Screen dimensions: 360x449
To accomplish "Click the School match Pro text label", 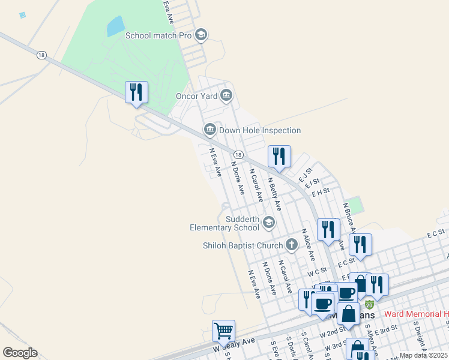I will tap(158, 35).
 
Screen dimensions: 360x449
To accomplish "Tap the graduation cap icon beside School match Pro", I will tap(201, 35).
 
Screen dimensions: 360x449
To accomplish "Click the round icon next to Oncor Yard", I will tap(226, 95).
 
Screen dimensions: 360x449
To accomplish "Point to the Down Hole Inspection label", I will tap(259, 130).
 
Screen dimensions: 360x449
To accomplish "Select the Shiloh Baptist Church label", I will tap(243, 245).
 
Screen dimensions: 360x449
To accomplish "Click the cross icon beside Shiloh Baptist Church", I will tap(292, 244).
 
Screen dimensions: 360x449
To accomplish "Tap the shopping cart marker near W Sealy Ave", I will tap(223, 330).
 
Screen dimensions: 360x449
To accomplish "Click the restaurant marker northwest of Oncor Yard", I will tap(136, 92).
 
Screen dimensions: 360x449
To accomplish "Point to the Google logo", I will tap(20, 353).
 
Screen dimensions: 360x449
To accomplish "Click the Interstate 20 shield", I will tap(369, 305).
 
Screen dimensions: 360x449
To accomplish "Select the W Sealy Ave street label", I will tap(234, 344).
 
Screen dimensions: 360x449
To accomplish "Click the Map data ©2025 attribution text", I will tap(424, 355).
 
